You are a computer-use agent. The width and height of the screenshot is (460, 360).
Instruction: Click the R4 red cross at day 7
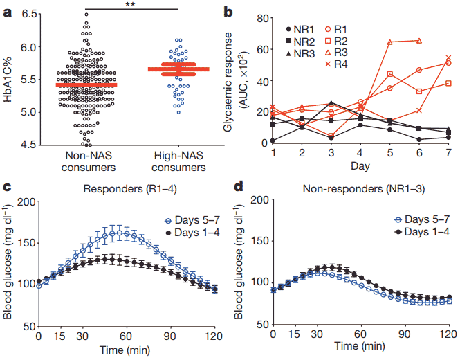(448, 58)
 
